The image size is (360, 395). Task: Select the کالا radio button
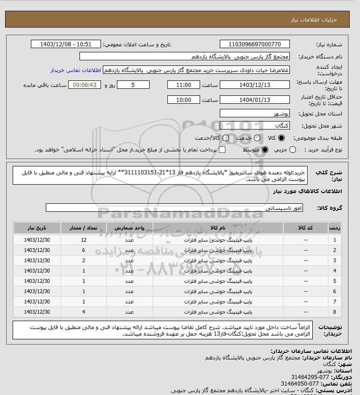[x=281, y=138]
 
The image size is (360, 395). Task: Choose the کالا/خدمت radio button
[x=226, y=138]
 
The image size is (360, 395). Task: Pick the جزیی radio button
[x=293, y=150]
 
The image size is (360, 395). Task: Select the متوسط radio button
[x=265, y=150]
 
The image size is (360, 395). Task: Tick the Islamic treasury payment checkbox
[x=222, y=150]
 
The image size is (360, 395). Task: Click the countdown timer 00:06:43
[x=85, y=85]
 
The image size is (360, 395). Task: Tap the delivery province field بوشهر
[x=254, y=114]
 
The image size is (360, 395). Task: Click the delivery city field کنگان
[x=254, y=125]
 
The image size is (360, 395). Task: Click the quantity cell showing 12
[x=84, y=240]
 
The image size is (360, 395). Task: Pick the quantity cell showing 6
[x=84, y=250]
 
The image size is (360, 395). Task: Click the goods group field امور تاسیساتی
[x=174, y=207]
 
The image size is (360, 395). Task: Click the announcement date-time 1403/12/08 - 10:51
[x=66, y=44]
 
